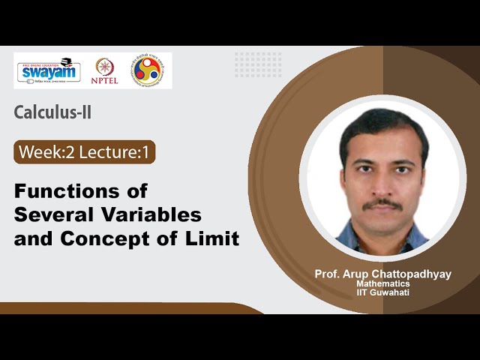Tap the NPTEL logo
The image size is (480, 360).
coord(104,70)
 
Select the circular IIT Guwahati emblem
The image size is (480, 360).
coord(147,70)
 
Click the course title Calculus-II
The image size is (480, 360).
coord(53,112)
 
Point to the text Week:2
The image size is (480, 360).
coord(44,153)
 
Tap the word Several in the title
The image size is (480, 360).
coord(48,214)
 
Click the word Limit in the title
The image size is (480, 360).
coord(214,239)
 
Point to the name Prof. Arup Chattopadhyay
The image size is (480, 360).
coord(383,274)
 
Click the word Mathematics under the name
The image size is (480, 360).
coord(383,284)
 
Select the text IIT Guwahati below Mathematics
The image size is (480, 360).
coord(383,292)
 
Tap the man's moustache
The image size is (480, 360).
coord(383,203)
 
